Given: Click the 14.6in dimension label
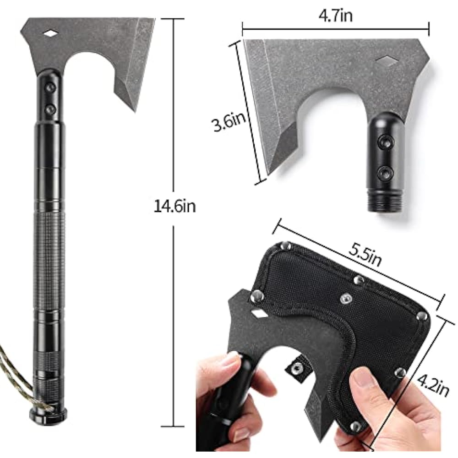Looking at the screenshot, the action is pos(174,206).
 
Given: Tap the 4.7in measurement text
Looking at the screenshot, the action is pos(335,15).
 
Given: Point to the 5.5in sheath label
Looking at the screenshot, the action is pos(365,255).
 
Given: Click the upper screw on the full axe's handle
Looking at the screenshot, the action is pos(50,87).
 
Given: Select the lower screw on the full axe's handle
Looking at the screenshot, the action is pos(50,109).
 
